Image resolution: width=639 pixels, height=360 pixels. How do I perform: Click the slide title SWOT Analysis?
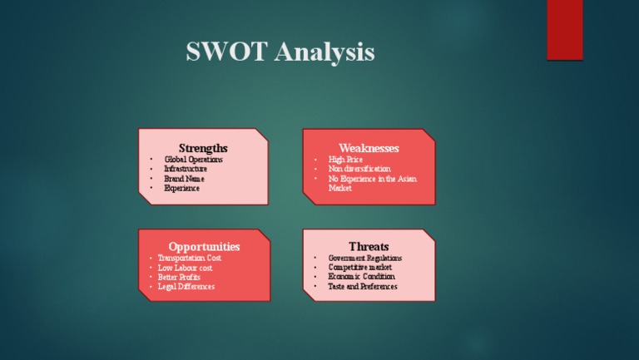[280, 52]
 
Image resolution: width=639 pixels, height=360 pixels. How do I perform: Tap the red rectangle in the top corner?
[564, 30]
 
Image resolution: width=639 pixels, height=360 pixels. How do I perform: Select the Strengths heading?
[203, 148]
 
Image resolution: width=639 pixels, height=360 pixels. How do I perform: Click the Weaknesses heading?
[369, 148]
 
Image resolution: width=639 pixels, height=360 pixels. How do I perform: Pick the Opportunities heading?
[204, 247]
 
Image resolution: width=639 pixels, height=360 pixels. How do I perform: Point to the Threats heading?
[369, 247]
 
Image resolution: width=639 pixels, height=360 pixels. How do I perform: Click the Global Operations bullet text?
[193, 159]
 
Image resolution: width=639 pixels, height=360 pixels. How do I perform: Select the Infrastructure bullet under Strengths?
[186, 169]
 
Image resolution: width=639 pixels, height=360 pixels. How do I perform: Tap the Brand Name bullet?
[184, 179]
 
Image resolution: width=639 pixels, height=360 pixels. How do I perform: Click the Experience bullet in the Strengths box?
[181, 189]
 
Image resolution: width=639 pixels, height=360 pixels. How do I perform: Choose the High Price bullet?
[345, 159]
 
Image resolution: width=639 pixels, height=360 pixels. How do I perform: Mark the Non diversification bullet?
[359, 169]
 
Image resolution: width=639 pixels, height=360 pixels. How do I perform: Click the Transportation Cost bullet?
[190, 258]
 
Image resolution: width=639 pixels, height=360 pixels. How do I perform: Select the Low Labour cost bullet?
[185, 268]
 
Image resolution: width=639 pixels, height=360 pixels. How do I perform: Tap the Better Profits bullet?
[179, 277]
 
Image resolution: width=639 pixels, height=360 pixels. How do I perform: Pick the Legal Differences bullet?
[186, 287]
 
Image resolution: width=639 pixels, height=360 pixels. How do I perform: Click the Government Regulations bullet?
[365, 258]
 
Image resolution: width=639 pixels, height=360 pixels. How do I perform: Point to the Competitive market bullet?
[360, 268]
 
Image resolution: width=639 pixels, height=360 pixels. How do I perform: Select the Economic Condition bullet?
[361, 277]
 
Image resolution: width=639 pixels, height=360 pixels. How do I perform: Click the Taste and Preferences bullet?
[363, 287]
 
